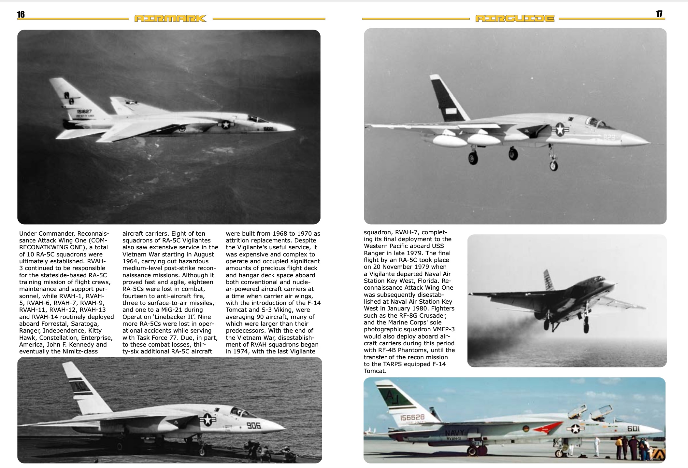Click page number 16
coord(21,15)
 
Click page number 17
coord(659,14)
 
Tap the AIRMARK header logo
coord(171,19)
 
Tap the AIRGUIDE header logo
coord(515,19)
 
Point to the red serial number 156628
coord(412,417)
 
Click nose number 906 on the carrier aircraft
coord(253,425)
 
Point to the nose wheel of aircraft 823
coord(553,166)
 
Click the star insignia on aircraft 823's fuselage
coord(560,129)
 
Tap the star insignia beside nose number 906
coord(207,420)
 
